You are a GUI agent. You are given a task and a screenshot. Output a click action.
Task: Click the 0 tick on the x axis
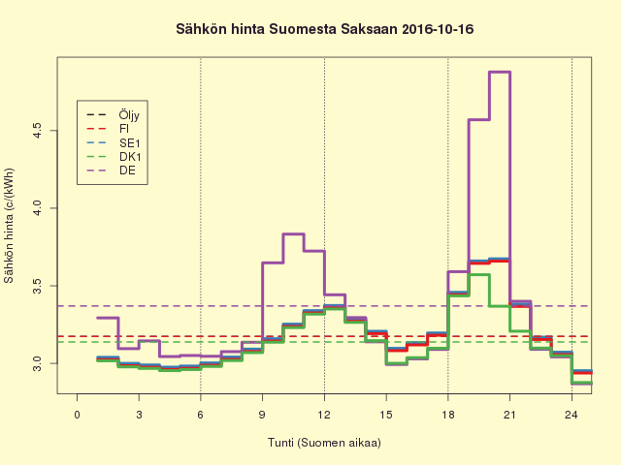point(78,415)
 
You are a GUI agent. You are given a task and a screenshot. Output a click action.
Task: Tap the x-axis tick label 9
point(262,415)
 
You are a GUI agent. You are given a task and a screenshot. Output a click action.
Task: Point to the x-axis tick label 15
point(386,415)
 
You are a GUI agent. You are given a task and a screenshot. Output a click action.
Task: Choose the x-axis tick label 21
point(509,415)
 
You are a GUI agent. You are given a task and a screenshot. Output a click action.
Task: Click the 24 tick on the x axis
point(572,415)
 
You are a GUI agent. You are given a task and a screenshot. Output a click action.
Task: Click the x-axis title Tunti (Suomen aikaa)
point(324,443)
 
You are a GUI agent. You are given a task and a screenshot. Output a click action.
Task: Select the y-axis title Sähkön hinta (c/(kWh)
point(10,226)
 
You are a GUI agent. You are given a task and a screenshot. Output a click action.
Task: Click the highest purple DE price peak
point(500,72)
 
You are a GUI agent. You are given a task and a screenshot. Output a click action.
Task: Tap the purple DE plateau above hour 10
point(293,233)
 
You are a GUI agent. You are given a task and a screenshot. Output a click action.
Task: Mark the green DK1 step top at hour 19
point(479,274)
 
